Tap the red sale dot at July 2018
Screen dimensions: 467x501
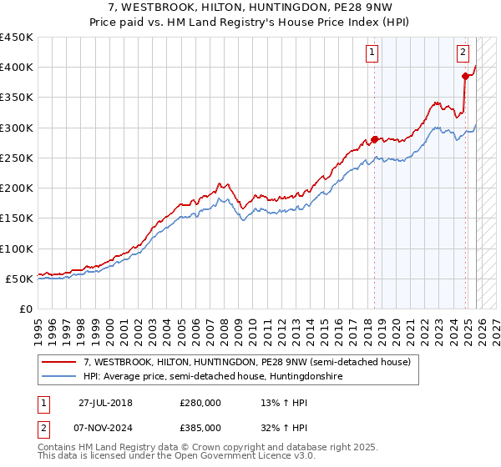coord(374,139)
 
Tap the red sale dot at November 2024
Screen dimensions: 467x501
coord(465,76)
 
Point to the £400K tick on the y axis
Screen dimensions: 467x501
coord(16,68)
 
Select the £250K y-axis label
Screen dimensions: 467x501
coord(16,158)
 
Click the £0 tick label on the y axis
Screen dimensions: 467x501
coord(25,309)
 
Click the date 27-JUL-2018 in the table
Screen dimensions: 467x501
coord(105,402)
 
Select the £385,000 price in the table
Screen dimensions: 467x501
coord(200,428)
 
